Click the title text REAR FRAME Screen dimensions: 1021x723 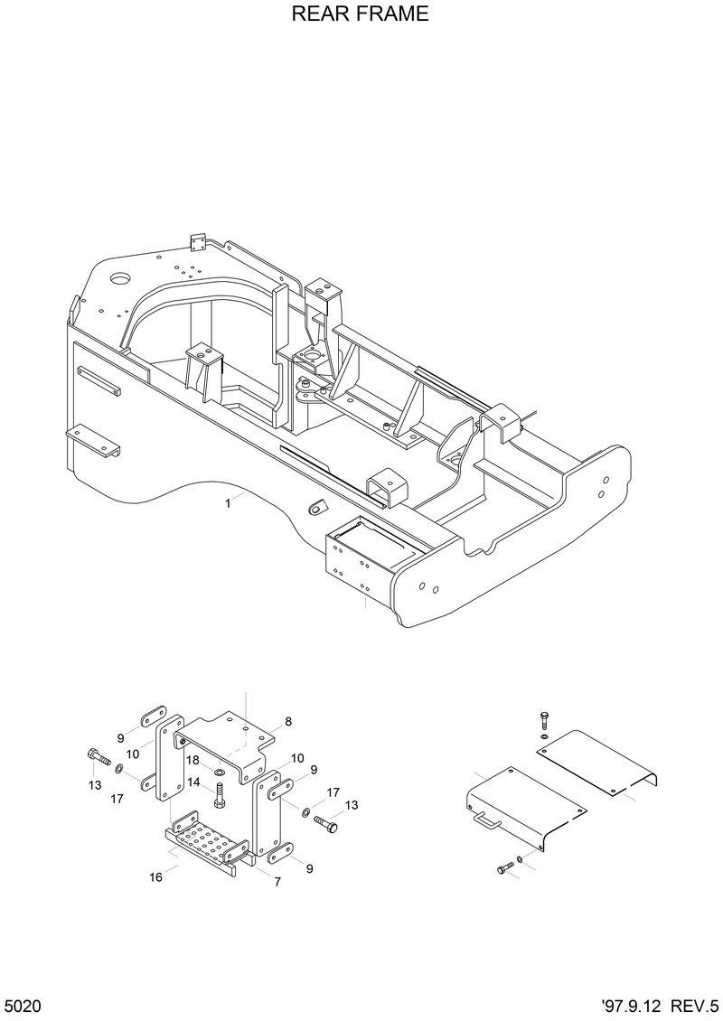tap(360, 15)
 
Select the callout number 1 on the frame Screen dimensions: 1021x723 tap(228, 504)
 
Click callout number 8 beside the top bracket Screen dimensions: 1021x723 tap(287, 722)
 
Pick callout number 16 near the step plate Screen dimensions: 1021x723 tap(156, 876)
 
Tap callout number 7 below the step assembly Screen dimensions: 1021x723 tap(276, 880)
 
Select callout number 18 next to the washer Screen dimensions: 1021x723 tap(192, 760)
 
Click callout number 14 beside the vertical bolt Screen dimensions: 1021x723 tap(192, 782)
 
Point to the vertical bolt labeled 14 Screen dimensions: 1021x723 tap(219, 796)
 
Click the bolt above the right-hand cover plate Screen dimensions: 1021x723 tap(542, 720)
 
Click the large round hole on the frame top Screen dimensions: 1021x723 tap(117, 277)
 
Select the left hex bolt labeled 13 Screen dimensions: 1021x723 tap(98, 756)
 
